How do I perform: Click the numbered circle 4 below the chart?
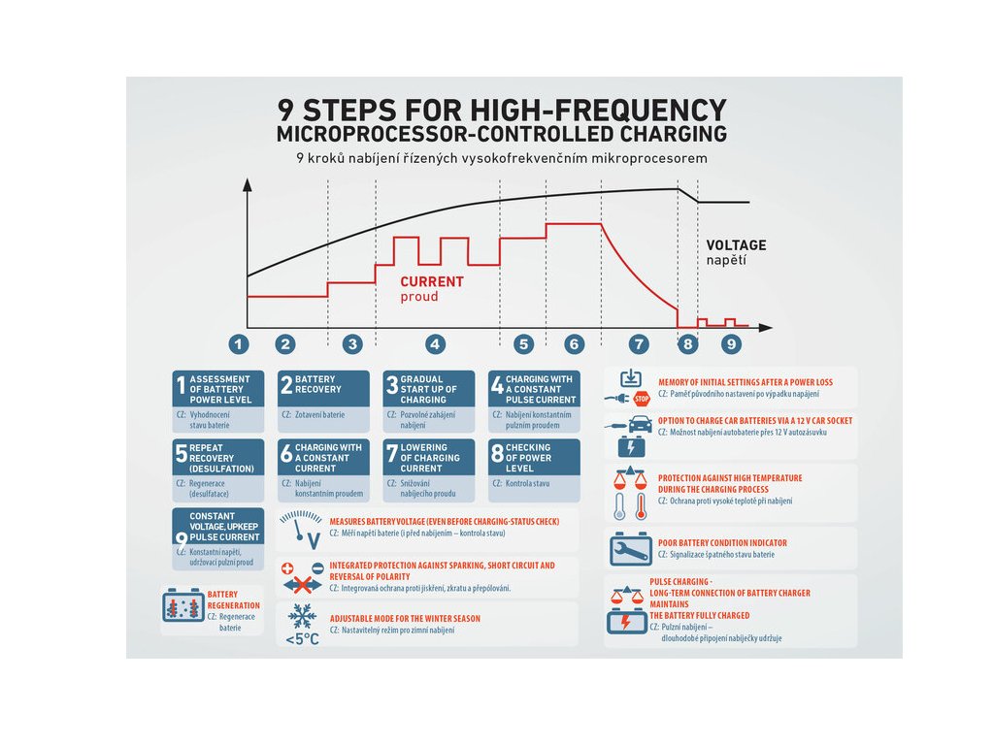[x=435, y=343]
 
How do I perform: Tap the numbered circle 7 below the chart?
[x=638, y=343]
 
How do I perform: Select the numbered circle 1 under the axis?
[x=239, y=343]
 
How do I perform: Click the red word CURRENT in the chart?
[x=432, y=281]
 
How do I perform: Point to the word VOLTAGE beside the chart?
[x=736, y=245]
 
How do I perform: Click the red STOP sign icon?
[x=641, y=398]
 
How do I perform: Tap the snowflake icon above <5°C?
[x=301, y=617]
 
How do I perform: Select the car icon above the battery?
[x=641, y=424]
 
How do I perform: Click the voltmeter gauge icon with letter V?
[x=302, y=527]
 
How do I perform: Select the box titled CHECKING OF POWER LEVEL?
[x=534, y=457]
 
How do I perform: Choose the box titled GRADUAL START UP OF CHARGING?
[x=428, y=389]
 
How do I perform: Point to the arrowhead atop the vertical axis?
[x=248, y=183]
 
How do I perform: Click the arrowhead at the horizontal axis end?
[x=767, y=328]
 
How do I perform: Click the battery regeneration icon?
[x=182, y=606]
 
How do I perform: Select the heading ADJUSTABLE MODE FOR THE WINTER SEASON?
[x=404, y=618]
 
